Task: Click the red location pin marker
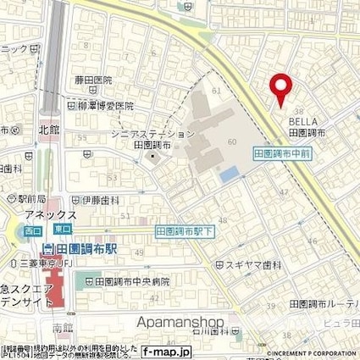(x=280, y=88)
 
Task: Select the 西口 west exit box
(x=30, y=228)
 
